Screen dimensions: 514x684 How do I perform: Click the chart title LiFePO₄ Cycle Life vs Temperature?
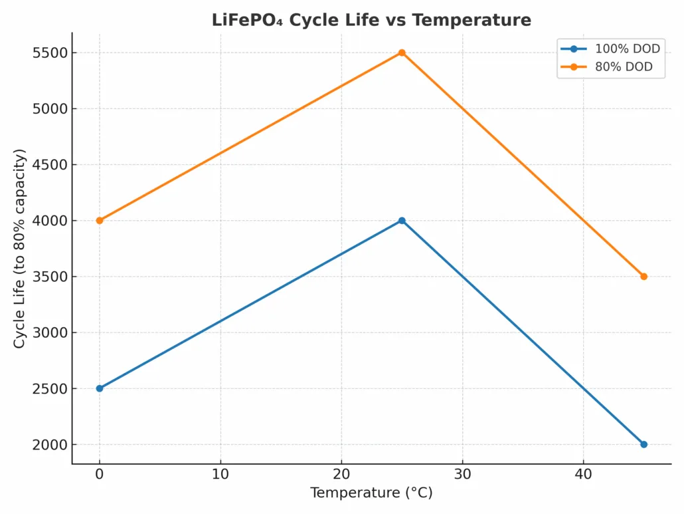coord(371,20)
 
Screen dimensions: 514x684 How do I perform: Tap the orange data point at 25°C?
coord(402,53)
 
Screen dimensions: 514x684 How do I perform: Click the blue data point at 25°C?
coord(402,221)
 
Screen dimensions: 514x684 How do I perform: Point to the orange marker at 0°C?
coord(100,221)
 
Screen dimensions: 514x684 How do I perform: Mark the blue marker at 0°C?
coord(100,388)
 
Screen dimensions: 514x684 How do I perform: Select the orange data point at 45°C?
coord(643,277)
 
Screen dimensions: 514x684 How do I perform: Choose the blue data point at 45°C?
coord(643,444)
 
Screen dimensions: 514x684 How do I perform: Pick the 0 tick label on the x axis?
coord(100,475)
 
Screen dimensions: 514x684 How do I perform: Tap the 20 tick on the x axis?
coord(341,475)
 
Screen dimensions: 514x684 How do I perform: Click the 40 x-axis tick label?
coord(583,475)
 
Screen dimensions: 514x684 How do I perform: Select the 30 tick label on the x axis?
coord(462,475)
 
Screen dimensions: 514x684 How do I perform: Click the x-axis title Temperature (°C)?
coord(371,493)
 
